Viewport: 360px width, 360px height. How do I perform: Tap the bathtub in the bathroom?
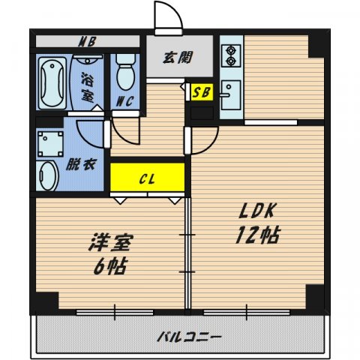[52, 82]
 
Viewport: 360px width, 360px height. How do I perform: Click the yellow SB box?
[201, 93]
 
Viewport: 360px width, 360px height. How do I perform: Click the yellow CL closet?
[147, 179]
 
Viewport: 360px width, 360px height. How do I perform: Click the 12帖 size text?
[258, 235]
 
